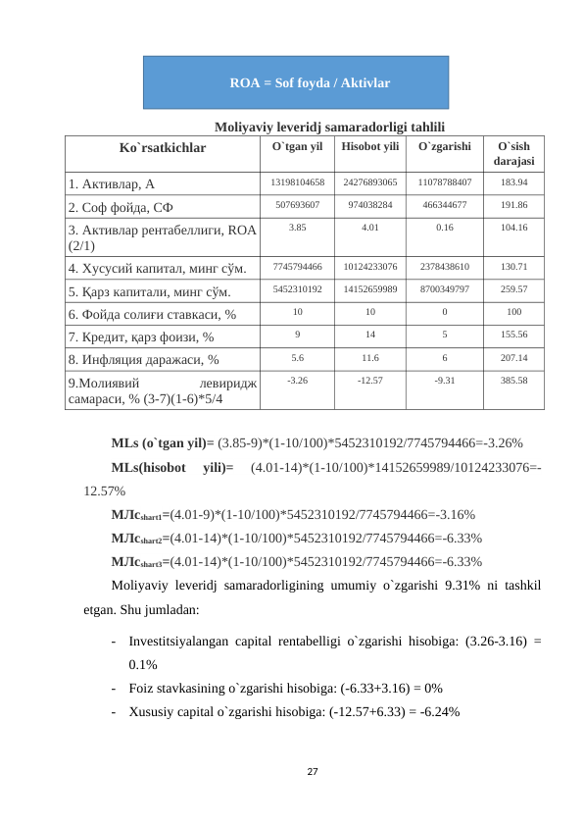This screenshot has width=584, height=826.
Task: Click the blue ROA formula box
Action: pyautogui.click(x=296, y=82)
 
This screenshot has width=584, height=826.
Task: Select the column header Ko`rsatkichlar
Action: pyautogui.click(x=163, y=148)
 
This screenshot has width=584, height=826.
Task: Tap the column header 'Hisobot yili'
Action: pyautogui.click(x=370, y=147)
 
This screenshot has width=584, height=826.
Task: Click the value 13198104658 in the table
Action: pyautogui.click(x=298, y=182)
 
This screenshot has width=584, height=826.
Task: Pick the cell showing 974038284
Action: pyautogui.click(x=370, y=205)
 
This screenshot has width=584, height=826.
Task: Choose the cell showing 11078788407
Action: pyautogui.click(x=444, y=182)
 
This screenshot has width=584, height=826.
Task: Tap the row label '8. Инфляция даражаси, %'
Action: pyautogui.click(x=142, y=359)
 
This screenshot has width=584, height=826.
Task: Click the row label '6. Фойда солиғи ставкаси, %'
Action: pyautogui.click(x=152, y=313)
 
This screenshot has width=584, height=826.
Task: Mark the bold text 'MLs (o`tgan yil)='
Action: pyautogui.click(x=163, y=440)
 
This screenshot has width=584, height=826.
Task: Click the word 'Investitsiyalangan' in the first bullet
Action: pyautogui.click(x=180, y=642)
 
